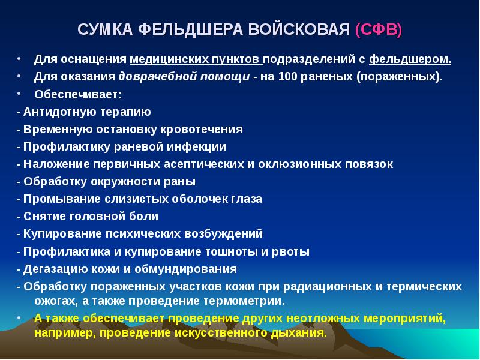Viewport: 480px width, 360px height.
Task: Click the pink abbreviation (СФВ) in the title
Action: click(x=379, y=30)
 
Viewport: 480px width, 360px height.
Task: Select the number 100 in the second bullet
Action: click(x=286, y=77)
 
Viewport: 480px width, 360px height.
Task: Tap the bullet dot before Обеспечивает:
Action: click(x=20, y=94)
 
